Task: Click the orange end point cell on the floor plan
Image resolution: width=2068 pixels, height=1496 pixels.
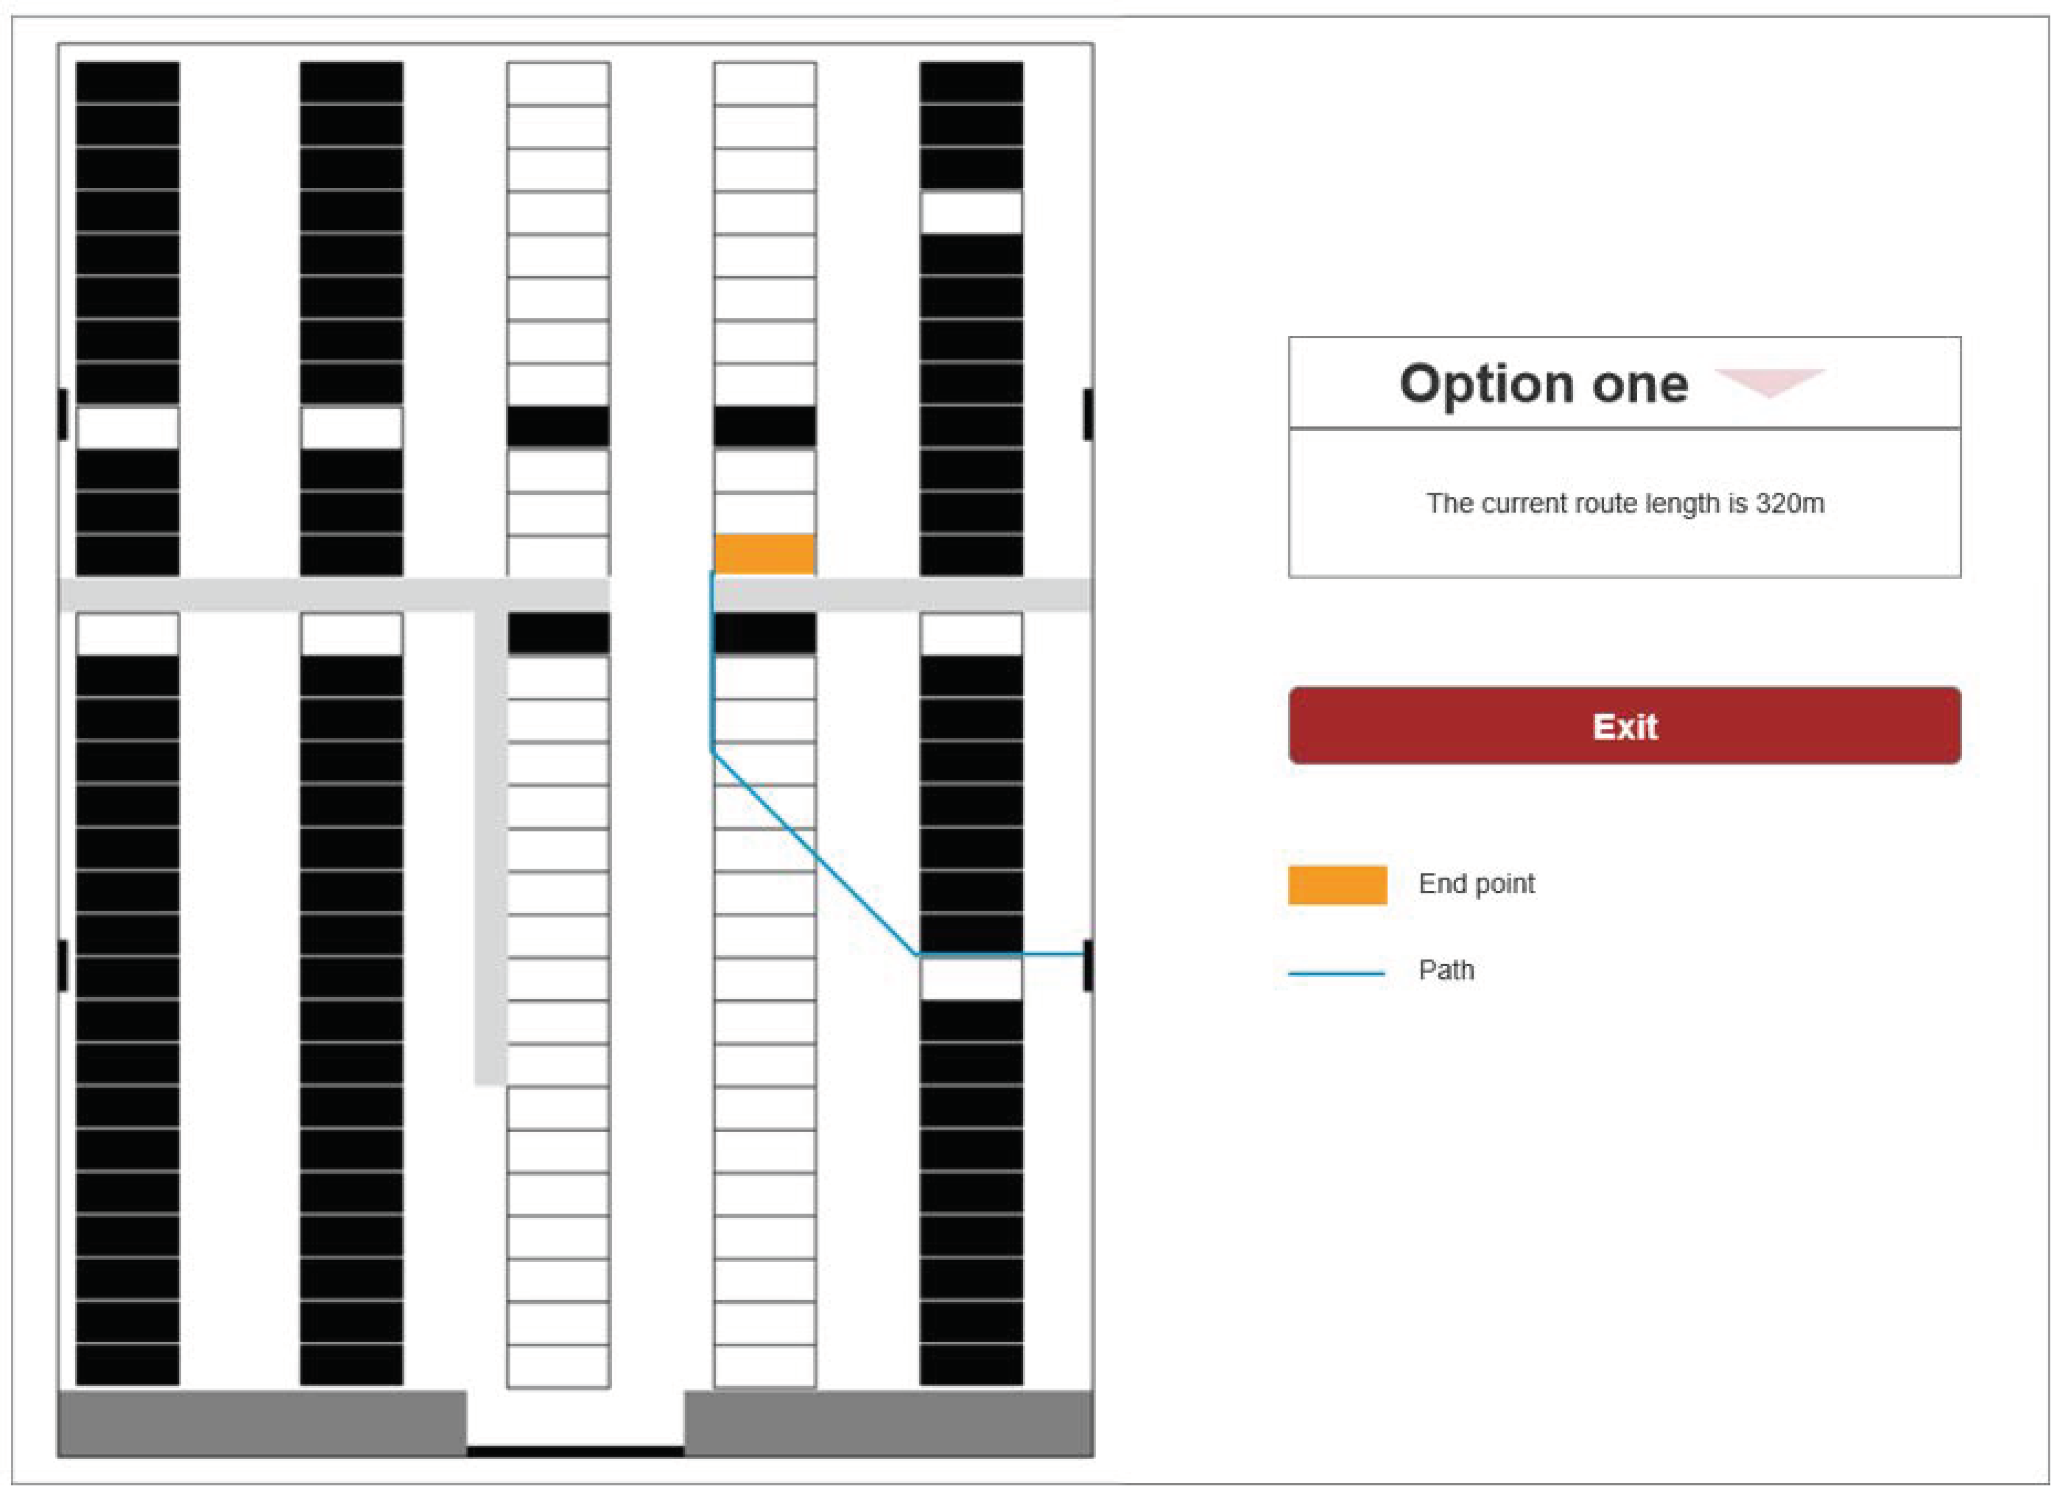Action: [x=764, y=553]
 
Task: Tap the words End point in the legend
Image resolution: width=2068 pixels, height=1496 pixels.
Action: [x=1476, y=883]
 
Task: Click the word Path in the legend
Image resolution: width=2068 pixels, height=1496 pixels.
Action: [x=1446, y=969]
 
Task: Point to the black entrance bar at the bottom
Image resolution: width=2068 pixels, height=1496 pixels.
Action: [x=575, y=1450]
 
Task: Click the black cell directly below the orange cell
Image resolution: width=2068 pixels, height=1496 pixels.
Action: [x=764, y=633]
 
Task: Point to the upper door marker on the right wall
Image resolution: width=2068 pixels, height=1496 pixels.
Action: [x=1088, y=414]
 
